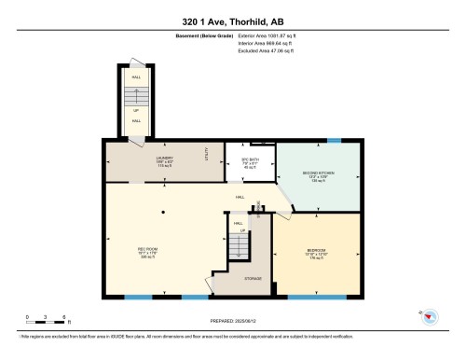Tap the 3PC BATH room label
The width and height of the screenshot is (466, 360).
tap(249, 159)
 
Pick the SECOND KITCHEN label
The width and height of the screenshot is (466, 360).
tap(320, 173)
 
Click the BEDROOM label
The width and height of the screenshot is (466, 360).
tap(317, 251)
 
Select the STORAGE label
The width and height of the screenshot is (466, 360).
tap(253, 279)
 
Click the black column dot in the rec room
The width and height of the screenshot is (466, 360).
tap(162, 213)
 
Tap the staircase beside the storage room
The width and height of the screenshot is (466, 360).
tap(240, 244)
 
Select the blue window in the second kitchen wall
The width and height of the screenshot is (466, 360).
tap(335, 140)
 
